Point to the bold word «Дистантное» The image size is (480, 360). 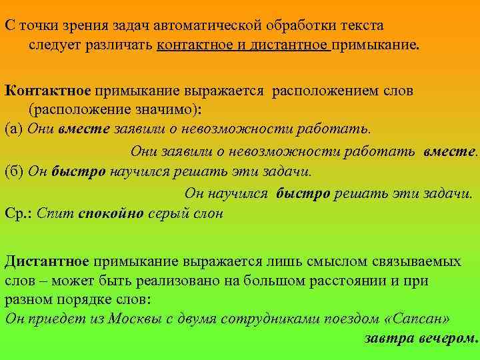47,260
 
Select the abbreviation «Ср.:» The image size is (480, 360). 19,213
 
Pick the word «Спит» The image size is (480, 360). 55,213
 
